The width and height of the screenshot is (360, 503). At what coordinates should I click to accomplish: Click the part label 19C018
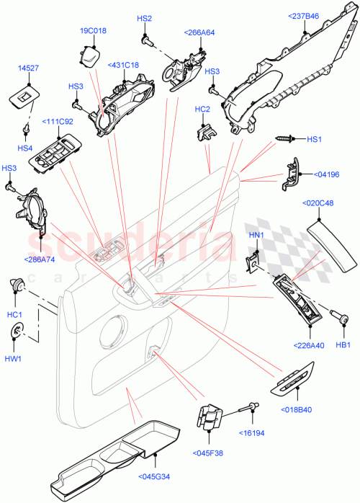coord(93,31)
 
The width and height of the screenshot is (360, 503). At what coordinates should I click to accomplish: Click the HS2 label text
coord(145,19)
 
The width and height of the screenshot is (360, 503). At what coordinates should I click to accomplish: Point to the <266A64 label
coord(200,32)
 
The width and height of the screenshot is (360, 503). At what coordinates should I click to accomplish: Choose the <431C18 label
coord(125,66)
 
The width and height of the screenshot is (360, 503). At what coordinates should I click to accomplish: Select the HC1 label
coord(15,314)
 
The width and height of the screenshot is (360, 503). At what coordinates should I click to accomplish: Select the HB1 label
coord(343,346)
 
